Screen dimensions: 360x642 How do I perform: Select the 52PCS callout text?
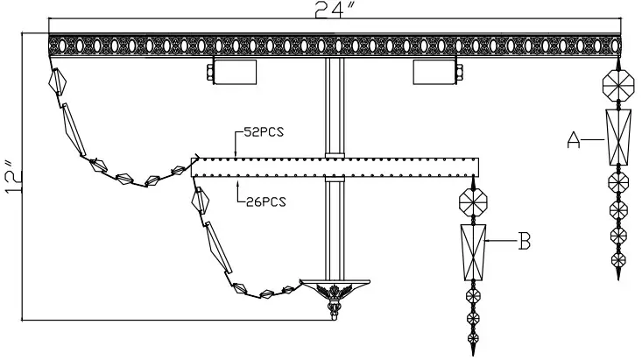pos(263,133)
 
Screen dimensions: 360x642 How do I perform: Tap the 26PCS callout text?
pos(265,201)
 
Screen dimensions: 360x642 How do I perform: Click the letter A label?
pos(575,138)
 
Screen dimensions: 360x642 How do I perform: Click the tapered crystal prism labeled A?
pos(618,137)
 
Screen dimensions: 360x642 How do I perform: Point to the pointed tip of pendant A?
pos(619,277)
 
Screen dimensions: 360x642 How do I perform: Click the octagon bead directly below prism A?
pos(618,182)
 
